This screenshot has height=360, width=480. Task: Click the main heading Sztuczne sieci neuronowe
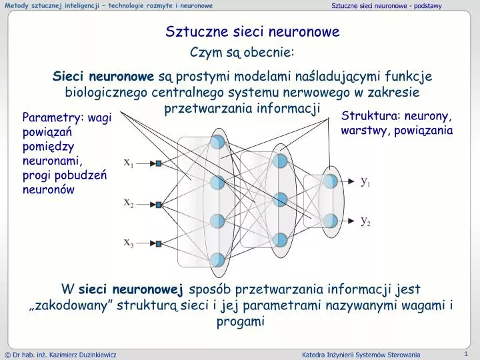pos(253,31)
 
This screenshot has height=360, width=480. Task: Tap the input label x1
pos(129,162)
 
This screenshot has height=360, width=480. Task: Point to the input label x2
pos(129,203)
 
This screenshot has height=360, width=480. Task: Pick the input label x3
pos(129,243)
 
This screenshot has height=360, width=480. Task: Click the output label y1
pos(366,181)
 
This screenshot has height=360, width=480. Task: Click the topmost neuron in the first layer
pos(217,142)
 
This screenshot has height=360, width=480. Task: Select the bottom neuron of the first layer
pos(217,259)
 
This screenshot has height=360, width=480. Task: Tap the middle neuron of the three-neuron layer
pos(280,199)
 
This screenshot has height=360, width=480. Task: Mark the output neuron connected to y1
pos(330,181)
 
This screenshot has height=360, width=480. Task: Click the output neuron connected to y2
pos(330,219)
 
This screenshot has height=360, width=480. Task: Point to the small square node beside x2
pos(159,205)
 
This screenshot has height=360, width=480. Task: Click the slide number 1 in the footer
pos(465,353)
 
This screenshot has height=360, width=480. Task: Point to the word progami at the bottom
pos(241,322)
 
